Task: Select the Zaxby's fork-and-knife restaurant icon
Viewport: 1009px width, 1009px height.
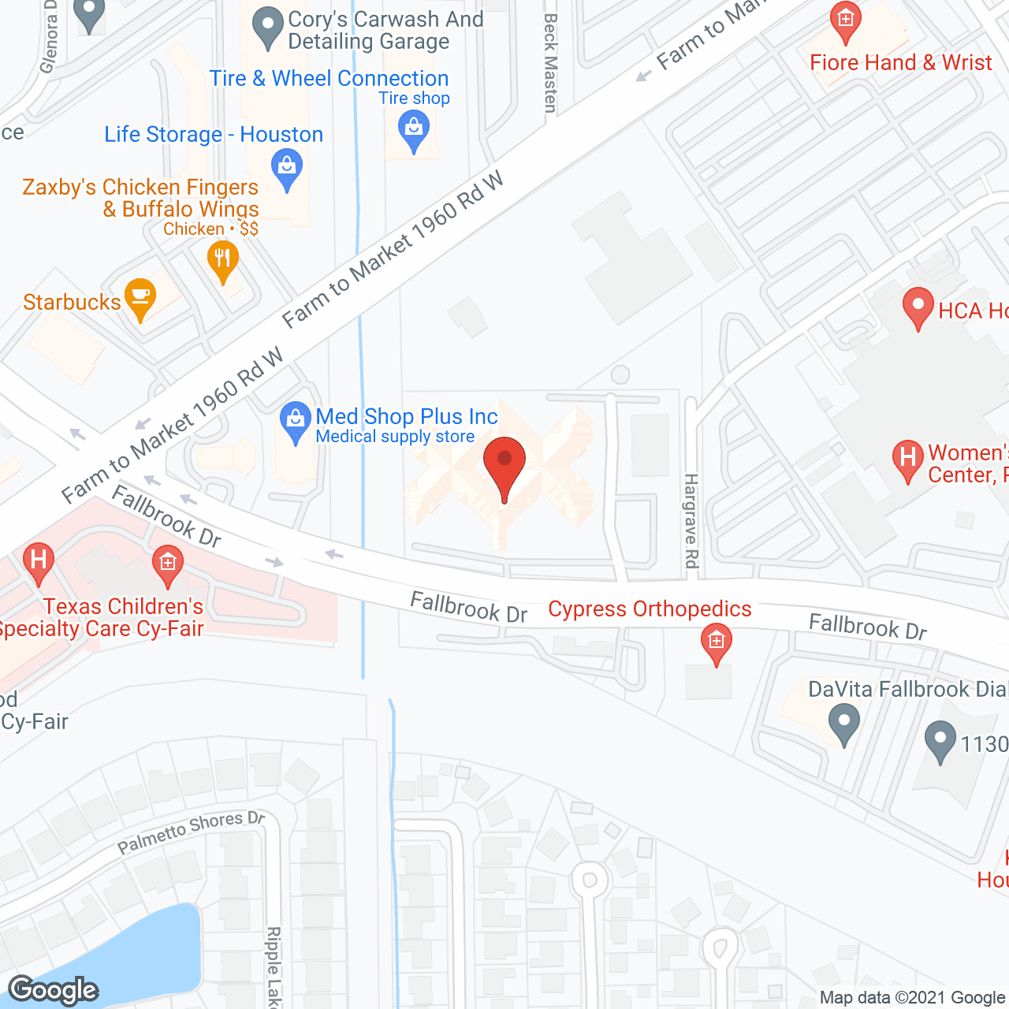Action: [x=223, y=259]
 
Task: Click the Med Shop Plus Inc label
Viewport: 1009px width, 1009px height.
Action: [x=407, y=416]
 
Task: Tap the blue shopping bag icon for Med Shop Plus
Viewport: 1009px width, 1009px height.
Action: [x=296, y=421]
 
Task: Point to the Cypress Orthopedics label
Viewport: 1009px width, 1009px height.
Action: [x=650, y=609]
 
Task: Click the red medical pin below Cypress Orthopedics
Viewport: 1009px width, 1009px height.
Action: [x=716, y=642]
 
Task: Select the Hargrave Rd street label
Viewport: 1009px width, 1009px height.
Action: [x=691, y=520]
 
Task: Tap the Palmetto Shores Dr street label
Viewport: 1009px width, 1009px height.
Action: [x=191, y=832]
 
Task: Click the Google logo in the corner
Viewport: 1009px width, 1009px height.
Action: [x=54, y=990]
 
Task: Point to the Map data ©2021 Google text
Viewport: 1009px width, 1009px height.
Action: [x=913, y=998]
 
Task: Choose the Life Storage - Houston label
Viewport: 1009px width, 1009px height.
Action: [x=214, y=134]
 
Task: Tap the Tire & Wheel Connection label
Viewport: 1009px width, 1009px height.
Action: [x=329, y=78]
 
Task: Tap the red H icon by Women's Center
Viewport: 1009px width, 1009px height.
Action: [x=907, y=459]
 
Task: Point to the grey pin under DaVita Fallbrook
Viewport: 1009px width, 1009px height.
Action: [x=844, y=723]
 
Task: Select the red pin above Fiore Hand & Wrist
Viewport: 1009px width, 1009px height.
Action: [x=845, y=21]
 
